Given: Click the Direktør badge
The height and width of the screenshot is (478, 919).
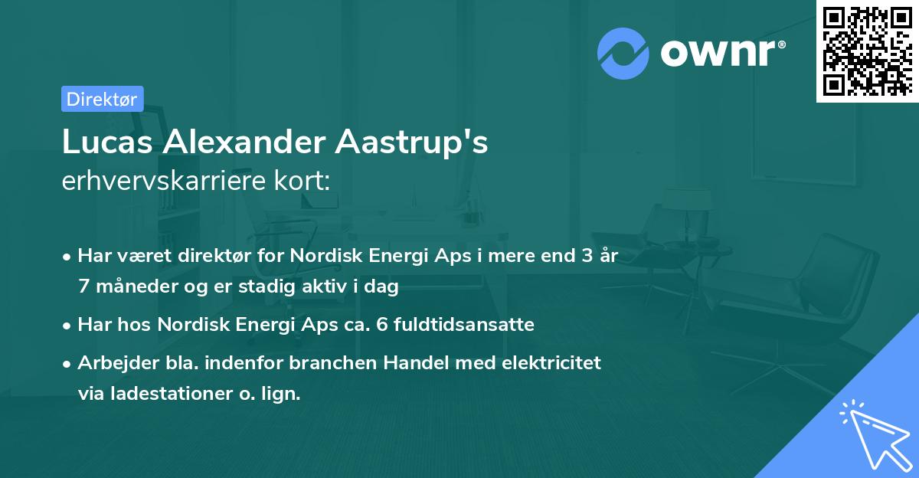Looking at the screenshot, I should (x=102, y=99).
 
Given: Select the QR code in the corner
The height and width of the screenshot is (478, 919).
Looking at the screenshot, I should (x=868, y=51).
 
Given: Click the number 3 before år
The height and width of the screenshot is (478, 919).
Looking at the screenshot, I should (x=586, y=256).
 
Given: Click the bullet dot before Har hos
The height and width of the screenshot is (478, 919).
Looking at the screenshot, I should (x=68, y=325).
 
